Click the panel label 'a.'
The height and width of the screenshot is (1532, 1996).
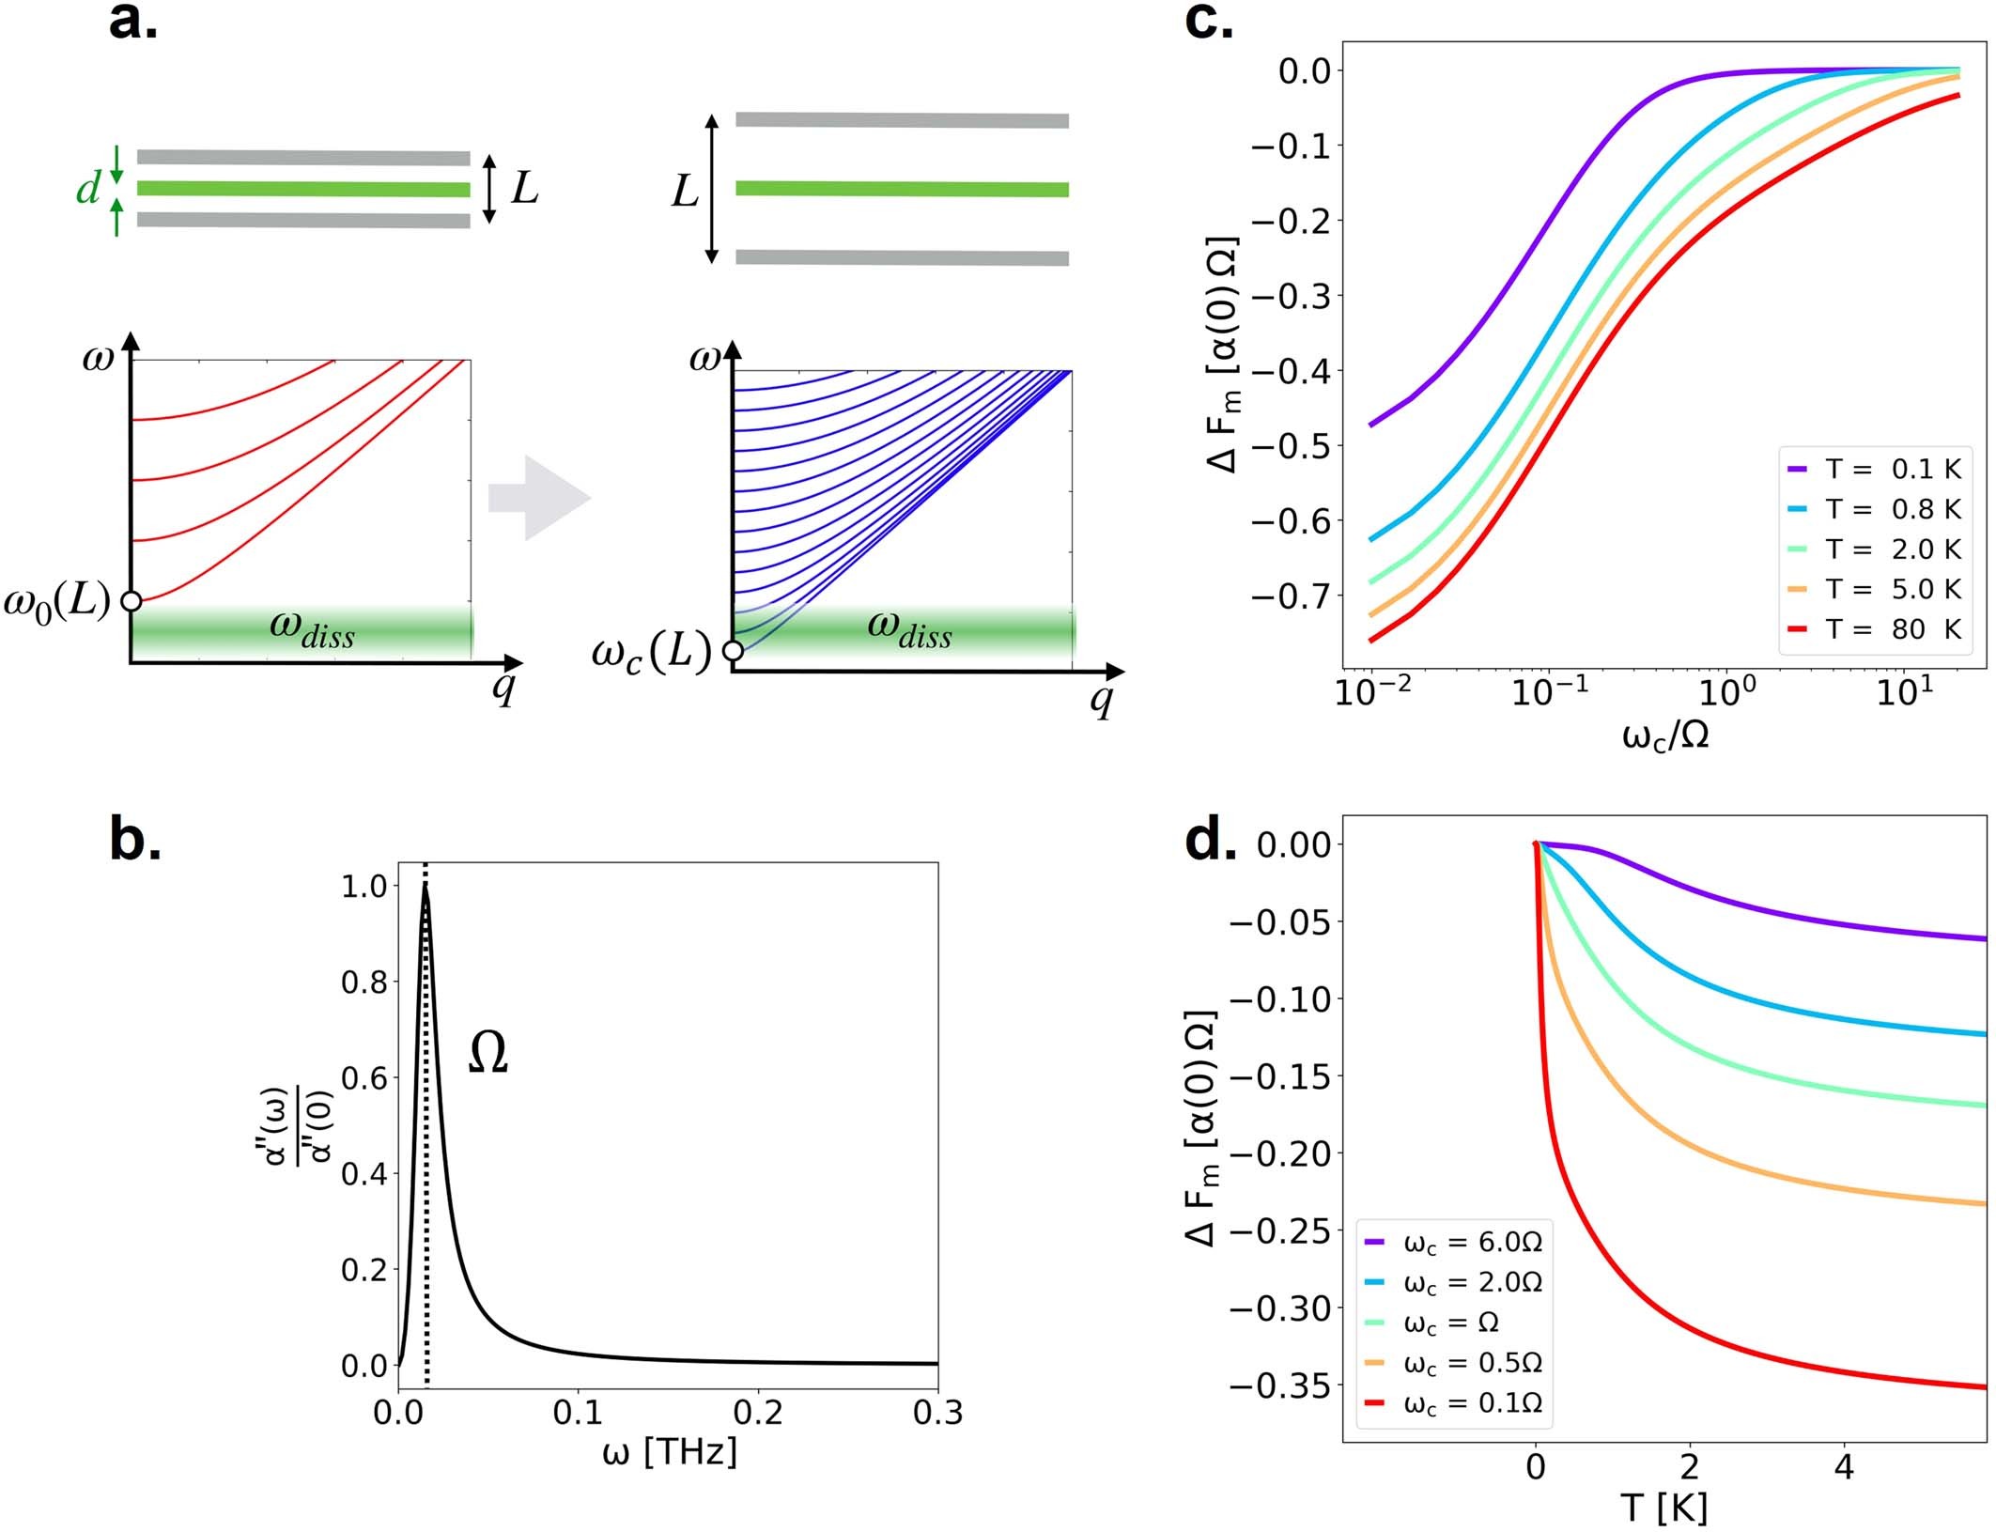pos(132,23)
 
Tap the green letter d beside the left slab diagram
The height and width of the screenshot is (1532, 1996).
pos(88,190)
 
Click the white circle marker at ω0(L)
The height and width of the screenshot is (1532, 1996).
pos(132,601)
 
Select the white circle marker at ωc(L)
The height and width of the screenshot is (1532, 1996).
pos(734,650)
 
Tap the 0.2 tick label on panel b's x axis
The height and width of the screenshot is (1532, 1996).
pos(758,1413)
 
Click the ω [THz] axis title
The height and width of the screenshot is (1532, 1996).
pos(669,1453)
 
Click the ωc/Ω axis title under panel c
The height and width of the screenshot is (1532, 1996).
pos(1665,735)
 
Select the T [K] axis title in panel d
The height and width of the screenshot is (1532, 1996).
pos(1663,1508)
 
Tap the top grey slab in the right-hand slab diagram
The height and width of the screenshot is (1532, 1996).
pos(902,120)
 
